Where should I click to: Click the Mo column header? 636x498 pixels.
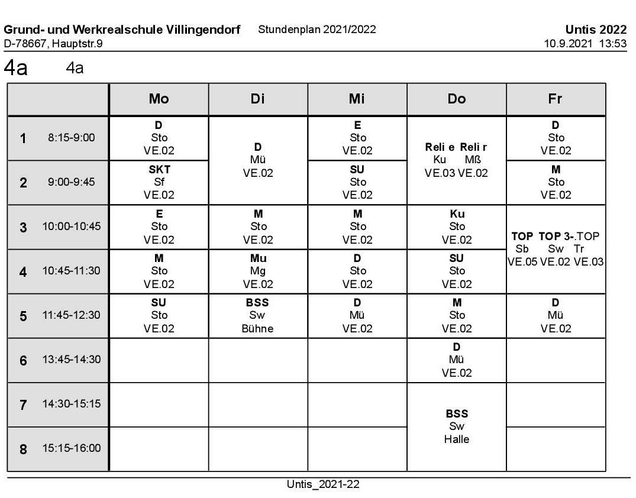coord(159,99)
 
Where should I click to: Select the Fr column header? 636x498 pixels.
coord(555,99)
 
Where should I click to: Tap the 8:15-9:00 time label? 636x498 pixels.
coord(71,138)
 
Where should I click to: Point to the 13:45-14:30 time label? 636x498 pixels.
coord(71,360)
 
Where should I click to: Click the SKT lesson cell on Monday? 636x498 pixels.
coord(159,182)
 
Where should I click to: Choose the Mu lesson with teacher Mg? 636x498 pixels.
coord(258,271)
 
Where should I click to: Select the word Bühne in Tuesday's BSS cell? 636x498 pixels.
coord(258,329)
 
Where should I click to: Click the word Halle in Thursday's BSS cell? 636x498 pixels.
coord(456,439)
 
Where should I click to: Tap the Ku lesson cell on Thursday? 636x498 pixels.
coord(457,227)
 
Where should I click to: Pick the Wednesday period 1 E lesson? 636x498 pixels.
coord(357,138)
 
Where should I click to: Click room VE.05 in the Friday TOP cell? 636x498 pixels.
coord(521,261)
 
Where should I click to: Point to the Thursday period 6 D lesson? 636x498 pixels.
coord(456,360)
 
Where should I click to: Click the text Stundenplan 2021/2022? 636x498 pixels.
coord(317,30)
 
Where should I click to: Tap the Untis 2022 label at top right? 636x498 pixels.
coord(595,30)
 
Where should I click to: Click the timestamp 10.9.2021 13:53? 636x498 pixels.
coord(585,43)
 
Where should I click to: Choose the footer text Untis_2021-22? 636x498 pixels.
coord(323,484)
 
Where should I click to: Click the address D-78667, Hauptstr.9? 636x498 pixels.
coord(53,43)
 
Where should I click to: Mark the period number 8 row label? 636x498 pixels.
coord(24,449)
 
